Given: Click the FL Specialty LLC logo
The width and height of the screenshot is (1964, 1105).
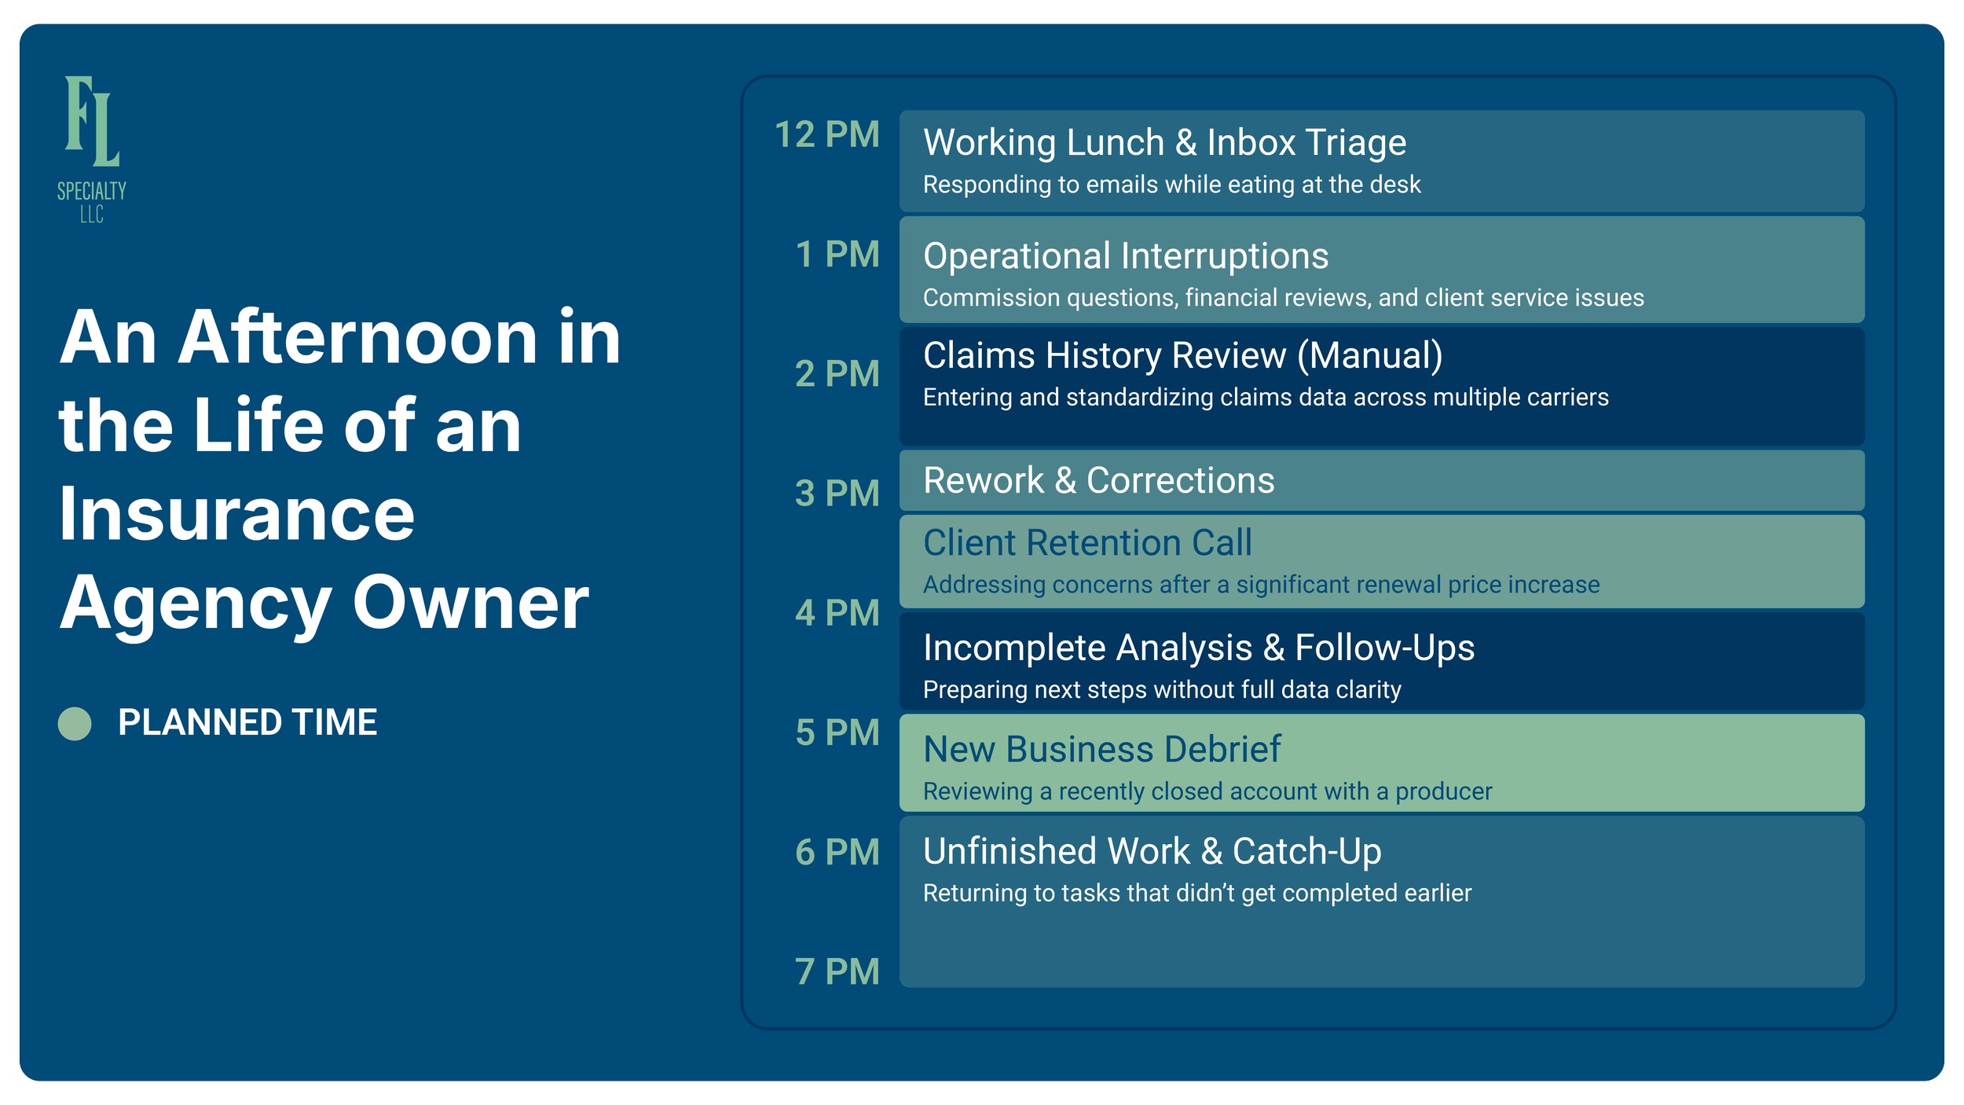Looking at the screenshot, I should [x=92, y=148].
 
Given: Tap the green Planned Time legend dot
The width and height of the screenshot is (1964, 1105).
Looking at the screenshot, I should [x=75, y=723].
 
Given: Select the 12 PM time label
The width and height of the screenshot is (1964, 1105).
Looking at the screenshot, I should [x=826, y=135].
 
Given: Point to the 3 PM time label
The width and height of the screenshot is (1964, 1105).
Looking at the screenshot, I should [x=837, y=494].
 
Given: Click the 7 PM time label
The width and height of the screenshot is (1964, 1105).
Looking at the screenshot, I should [x=837, y=972].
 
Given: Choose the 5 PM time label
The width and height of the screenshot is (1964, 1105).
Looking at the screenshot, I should [x=837, y=733].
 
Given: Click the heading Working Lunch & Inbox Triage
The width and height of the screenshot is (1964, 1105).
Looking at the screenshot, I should [x=1164, y=143].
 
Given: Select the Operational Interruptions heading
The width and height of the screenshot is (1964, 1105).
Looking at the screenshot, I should [x=1125, y=256].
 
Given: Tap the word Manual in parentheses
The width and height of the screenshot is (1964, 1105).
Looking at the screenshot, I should [x=1369, y=356].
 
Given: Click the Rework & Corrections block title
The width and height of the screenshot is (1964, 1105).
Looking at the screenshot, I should [x=1098, y=480].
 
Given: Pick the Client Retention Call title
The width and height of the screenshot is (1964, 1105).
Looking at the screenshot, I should [x=1086, y=543].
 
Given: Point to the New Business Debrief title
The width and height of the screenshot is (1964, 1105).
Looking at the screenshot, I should [x=1101, y=750].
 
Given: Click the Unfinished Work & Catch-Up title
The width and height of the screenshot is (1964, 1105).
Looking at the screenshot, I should [x=1152, y=852].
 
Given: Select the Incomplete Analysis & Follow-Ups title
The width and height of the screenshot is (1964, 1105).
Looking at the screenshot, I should [x=1198, y=648].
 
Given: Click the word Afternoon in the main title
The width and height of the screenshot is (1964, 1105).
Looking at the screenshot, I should [x=357, y=338].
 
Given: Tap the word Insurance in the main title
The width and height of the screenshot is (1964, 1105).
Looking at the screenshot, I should [x=236, y=515].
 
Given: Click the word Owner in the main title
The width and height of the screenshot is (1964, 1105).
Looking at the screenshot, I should [x=470, y=603].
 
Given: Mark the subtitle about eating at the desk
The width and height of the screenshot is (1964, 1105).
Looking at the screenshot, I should [x=1171, y=185].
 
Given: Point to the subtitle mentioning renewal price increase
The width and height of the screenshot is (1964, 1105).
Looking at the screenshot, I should [x=1260, y=585].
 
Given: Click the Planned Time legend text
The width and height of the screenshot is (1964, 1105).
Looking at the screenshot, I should [x=247, y=723].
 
